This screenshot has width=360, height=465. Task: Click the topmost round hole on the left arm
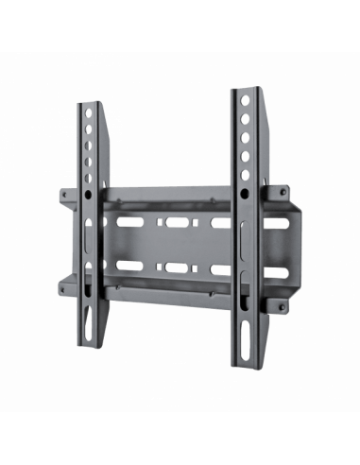pos(88,112)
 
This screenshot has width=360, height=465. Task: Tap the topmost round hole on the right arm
pos(245,101)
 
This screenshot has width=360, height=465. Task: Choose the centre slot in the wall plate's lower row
pos(176,267)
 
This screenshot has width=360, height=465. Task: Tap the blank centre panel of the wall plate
pos(175,246)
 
